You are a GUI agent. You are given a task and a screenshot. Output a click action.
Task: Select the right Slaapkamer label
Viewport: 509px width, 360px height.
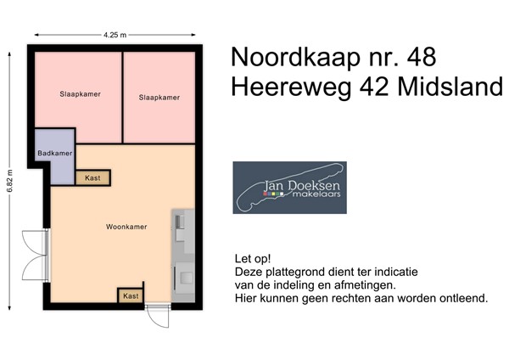159,98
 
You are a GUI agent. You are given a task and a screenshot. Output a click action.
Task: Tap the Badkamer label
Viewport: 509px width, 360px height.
54,153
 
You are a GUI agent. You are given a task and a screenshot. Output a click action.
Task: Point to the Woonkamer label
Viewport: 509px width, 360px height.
126,227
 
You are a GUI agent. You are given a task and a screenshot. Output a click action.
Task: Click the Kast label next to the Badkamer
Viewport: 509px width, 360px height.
91,177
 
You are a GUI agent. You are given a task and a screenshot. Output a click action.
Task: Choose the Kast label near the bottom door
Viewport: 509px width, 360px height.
130,295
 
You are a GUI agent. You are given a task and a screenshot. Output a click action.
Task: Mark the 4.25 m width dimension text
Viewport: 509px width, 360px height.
115,35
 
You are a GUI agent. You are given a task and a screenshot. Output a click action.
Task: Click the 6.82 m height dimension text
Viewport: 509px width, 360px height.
10,181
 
